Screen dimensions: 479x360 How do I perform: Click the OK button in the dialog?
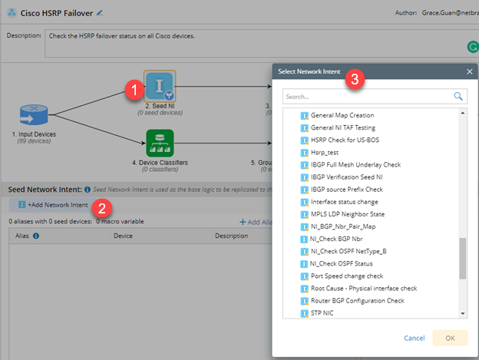point(450,338)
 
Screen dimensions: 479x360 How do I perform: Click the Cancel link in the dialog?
point(415,338)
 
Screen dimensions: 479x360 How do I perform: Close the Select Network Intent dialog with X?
point(470,71)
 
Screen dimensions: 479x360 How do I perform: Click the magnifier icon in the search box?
point(458,97)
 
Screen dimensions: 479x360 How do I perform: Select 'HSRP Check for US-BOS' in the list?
point(345,140)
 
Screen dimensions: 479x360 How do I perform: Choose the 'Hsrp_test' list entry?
point(325,152)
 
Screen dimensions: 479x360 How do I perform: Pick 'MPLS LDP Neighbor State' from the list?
point(348,214)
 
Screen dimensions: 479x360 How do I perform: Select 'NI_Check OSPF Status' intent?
point(342,263)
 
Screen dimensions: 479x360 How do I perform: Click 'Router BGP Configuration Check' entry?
point(358,301)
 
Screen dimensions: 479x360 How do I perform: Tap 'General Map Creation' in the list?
point(342,115)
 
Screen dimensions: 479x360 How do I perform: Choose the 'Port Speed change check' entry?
point(347,276)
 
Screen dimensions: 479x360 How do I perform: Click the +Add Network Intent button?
point(53,205)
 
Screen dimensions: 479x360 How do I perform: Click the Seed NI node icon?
point(160,86)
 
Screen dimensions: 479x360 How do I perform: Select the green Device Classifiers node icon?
point(160,143)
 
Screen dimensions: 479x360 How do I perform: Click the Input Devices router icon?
point(34,115)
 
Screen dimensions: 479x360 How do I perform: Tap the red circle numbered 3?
point(355,79)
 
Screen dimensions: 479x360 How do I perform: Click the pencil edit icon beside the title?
point(100,13)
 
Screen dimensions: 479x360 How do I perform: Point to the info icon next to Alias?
point(36,236)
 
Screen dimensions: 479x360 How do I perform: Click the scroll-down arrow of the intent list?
point(463,314)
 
